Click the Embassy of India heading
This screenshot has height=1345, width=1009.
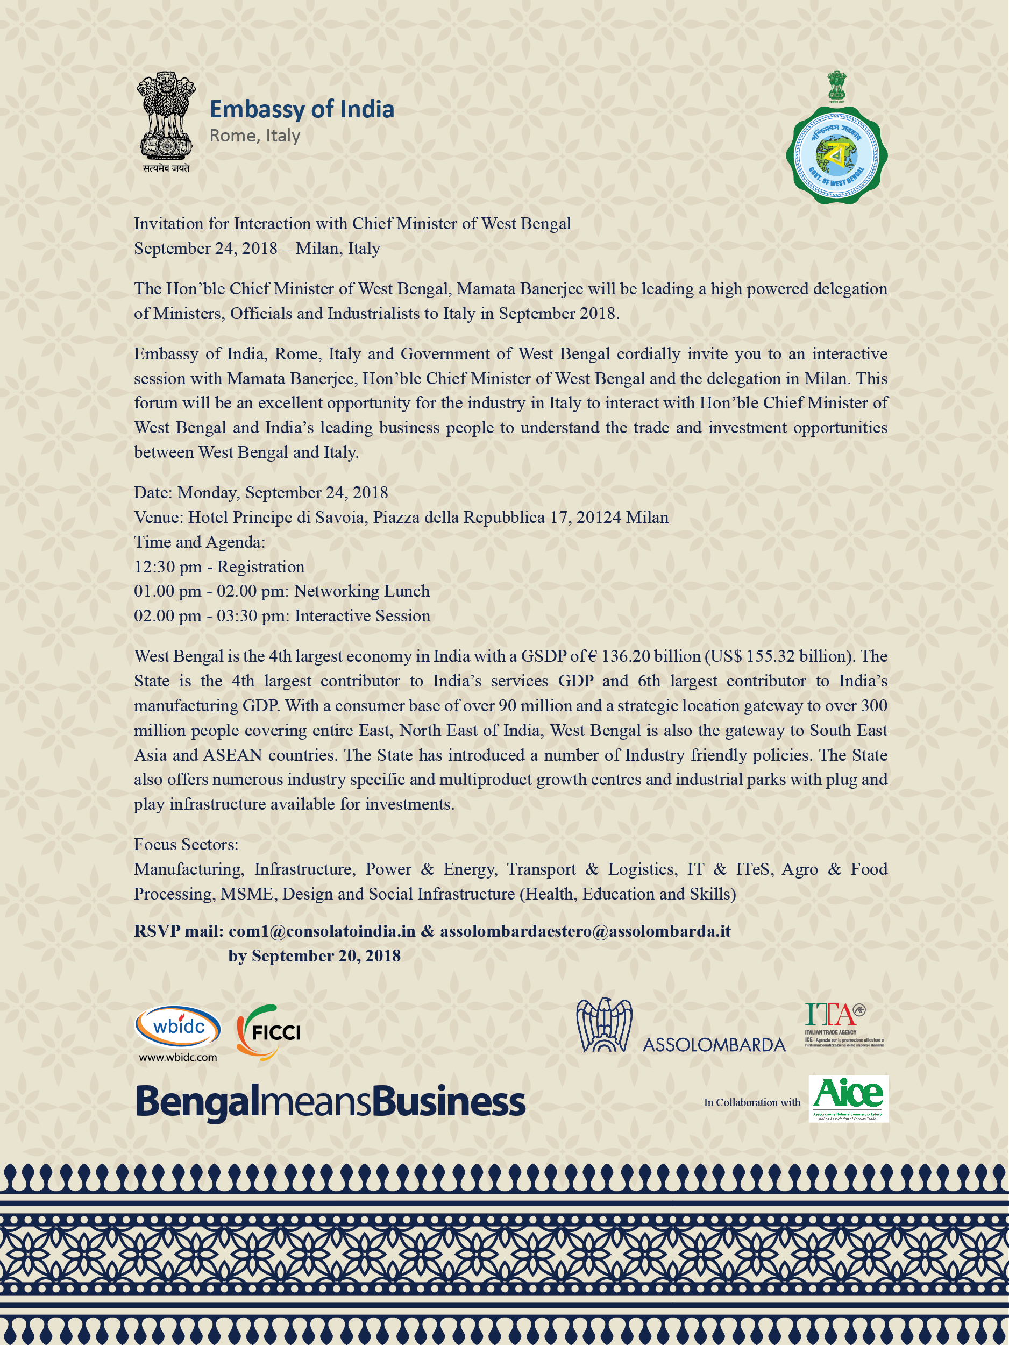pyautogui.click(x=302, y=109)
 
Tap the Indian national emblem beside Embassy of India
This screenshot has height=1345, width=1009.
pyautogui.click(x=165, y=122)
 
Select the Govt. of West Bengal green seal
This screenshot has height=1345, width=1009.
pyautogui.click(x=837, y=154)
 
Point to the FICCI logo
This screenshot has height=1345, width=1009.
pyautogui.click(x=269, y=1032)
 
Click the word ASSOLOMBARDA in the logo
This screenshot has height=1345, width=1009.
pyautogui.click(x=714, y=1045)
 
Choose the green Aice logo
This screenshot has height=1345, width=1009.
pyautogui.click(x=848, y=1098)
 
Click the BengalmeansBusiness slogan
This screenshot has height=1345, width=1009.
pyautogui.click(x=330, y=1102)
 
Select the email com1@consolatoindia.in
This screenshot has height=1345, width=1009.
pyautogui.click(x=322, y=931)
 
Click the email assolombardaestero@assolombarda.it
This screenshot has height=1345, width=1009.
pyautogui.click(x=585, y=931)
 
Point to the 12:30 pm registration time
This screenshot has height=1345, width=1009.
pyautogui.click(x=168, y=567)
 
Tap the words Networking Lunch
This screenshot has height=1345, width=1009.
pyautogui.click(x=361, y=591)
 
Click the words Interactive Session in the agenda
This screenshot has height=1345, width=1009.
pyautogui.click(x=363, y=616)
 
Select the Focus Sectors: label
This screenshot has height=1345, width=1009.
pyautogui.click(x=186, y=844)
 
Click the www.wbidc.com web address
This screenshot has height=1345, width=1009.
pyautogui.click(x=177, y=1057)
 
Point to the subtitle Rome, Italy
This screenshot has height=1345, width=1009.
pyautogui.click(x=255, y=136)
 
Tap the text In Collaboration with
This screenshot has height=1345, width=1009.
pyautogui.click(x=752, y=1102)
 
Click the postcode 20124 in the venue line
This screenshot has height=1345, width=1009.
pyautogui.click(x=598, y=518)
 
